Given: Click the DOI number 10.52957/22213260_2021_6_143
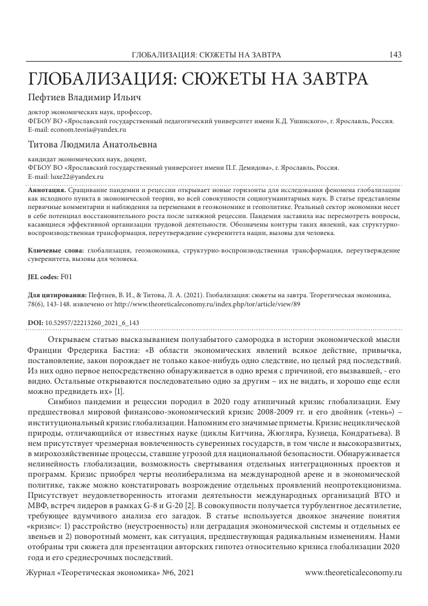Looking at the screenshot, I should (x=92, y=323).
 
